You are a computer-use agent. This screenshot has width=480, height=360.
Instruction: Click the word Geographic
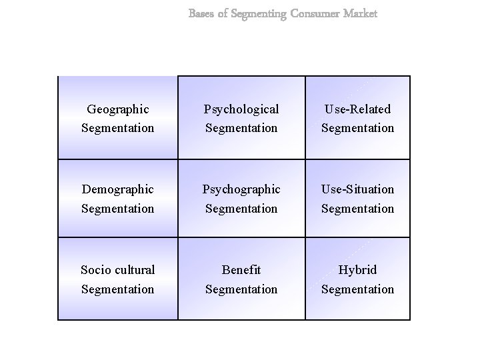click(x=117, y=109)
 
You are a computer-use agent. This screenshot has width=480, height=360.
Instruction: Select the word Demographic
click(x=117, y=189)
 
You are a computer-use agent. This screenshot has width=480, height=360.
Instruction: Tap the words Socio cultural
click(x=117, y=270)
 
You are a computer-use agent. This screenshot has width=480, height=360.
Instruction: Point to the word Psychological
click(x=241, y=109)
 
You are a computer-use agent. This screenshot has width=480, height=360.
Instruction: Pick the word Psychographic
click(x=241, y=189)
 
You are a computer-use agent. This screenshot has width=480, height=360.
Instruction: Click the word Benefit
click(x=241, y=270)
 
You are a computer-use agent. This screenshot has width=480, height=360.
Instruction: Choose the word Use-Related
click(x=357, y=109)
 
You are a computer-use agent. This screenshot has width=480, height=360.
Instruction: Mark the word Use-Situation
click(x=357, y=189)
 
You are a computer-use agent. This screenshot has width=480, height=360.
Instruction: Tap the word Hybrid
click(x=357, y=270)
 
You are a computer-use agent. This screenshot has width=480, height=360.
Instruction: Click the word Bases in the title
click(x=201, y=13)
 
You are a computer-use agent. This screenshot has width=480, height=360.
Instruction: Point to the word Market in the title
click(x=360, y=13)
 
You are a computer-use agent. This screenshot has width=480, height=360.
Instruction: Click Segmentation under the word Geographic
click(x=117, y=127)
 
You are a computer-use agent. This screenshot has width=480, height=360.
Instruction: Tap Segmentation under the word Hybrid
click(x=357, y=289)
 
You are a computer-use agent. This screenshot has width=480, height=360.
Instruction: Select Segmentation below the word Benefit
click(x=241, y=289)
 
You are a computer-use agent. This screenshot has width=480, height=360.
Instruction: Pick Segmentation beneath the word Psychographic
click(x=241, y=209)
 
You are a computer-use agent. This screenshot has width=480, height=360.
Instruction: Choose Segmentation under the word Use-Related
click(x=357, y=127)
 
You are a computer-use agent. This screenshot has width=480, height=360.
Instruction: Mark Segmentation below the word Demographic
click(x=117, y=209)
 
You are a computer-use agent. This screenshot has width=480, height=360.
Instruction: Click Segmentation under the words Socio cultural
click(x=117, y=289)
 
